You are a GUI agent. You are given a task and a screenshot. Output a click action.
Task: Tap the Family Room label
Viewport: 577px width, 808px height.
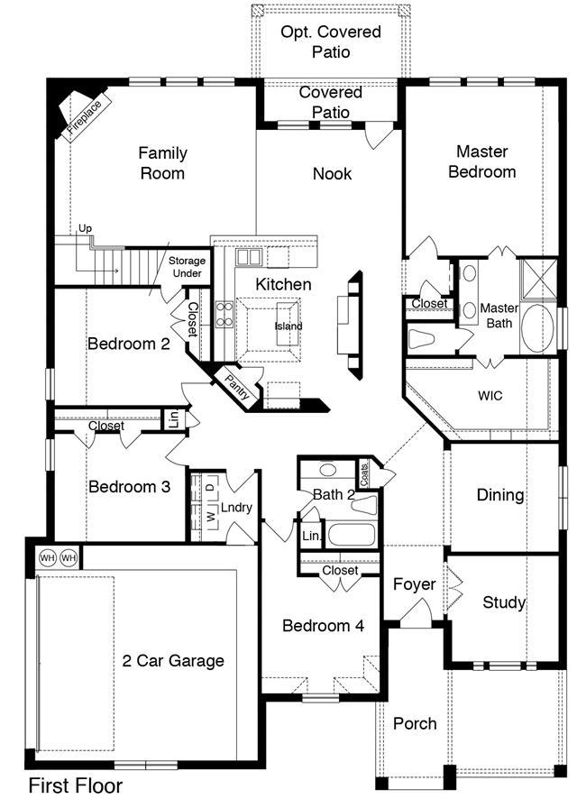(x=162, y=163)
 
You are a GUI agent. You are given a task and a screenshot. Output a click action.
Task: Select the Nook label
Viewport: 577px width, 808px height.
(x=333, y=174)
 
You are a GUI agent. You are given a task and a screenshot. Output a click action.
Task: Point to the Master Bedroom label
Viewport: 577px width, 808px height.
(x=482, y=161)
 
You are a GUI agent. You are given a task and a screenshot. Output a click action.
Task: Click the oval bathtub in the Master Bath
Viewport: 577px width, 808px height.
(x=537, y=327)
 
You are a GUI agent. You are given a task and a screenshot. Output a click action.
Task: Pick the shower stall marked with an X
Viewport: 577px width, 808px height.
(x=538, y=279)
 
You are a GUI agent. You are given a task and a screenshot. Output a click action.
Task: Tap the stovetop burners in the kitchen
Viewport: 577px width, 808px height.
(x=225, y=315)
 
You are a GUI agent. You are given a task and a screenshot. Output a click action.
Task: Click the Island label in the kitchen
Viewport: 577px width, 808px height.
(x=288, y=326)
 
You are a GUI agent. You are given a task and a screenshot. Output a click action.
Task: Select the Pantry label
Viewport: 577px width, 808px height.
(x=237, y=387)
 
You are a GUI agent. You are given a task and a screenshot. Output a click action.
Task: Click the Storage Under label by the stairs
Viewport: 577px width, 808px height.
(x=187, y=267)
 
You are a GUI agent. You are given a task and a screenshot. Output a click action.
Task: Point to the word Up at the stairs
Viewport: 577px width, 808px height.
(x=85, y=228)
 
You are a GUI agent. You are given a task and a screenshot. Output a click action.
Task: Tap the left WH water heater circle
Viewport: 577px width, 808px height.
(x=48, y=558)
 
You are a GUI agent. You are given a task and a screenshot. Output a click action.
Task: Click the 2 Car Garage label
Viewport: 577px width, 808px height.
(x=173, y=661)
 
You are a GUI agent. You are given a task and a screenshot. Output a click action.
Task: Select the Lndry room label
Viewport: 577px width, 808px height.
(x=236, y=508)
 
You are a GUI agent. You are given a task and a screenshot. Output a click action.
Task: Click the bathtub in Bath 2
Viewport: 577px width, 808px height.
(x=351, y=535)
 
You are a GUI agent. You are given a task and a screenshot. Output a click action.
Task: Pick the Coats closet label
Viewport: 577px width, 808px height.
(x=364, y=474)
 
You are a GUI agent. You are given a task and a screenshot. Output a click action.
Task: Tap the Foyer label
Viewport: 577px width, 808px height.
(x=414, y=584)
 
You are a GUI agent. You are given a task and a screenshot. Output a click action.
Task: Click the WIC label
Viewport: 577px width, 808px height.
(x=490, y=396)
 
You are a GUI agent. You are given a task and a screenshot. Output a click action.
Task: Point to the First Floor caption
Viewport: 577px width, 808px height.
(x=76, y=785)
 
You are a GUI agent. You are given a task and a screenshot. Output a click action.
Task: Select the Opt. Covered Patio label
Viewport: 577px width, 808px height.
(x=331, y=41)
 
